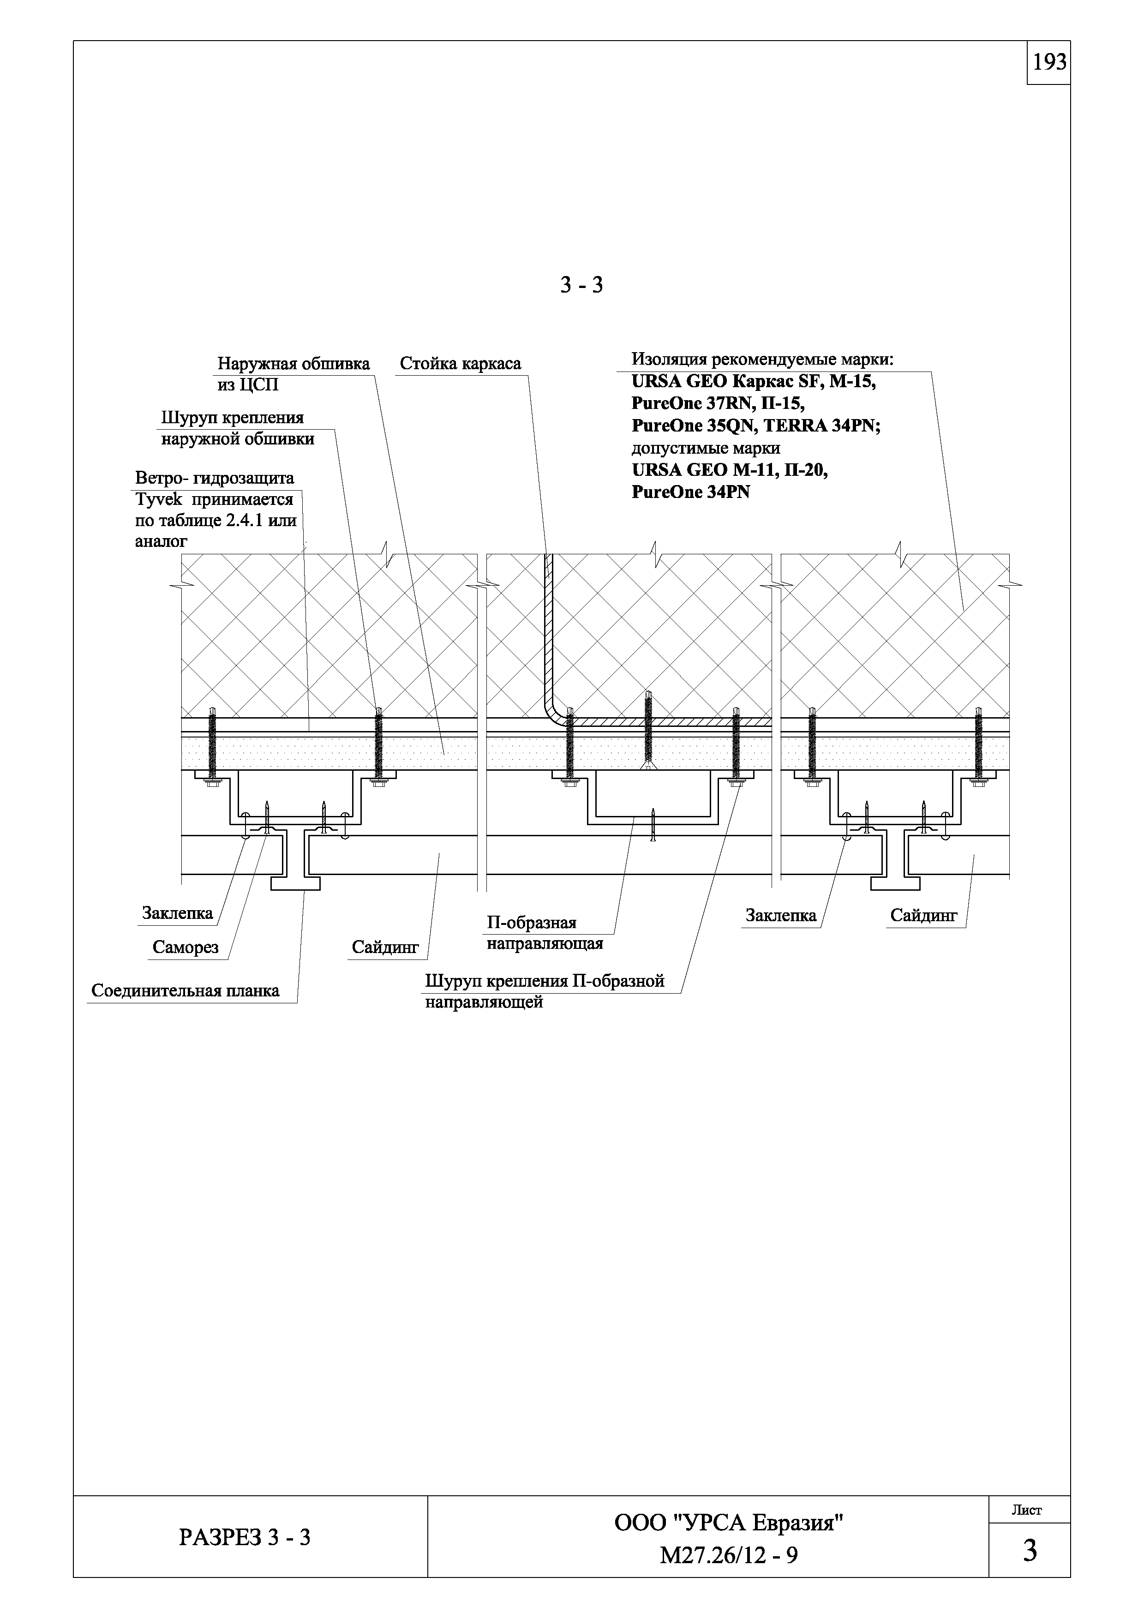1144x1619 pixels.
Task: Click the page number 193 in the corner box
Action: tap(1049, 63)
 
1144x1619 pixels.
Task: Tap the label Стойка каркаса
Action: tap(460, 364)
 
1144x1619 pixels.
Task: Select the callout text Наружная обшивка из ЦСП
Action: tap(293, 374)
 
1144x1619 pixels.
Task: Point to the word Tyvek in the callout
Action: tap(159, 499)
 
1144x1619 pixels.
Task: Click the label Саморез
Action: tap(186, 947)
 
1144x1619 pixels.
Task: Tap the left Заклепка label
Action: tap(177, 913)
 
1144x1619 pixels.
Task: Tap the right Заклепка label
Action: tap(780, 915)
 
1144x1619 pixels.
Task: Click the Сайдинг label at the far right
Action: tap(923, 915)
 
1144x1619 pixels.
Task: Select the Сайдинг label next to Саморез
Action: tap(385, 947)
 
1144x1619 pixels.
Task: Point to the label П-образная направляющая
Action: tap(544, 933)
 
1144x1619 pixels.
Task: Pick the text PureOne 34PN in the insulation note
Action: tap(691, 492)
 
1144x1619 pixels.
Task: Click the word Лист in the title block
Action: tap(1026, 1510)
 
